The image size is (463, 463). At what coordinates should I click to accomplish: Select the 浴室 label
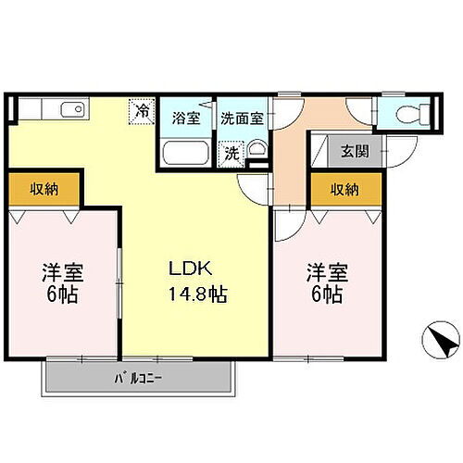[185, 118]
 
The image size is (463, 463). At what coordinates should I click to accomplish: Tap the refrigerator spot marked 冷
[142, 111]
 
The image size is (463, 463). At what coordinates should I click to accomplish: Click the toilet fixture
[411, 115]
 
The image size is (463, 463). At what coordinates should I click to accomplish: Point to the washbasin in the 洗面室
[257, 152]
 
